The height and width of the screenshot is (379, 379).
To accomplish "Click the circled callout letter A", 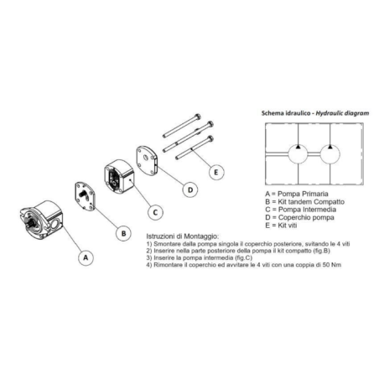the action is [86, 257].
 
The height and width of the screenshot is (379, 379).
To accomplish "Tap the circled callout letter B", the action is [124, 233].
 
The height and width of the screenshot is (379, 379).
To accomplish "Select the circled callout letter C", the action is [155, 212].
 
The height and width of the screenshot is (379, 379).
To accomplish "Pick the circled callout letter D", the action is [190, 190].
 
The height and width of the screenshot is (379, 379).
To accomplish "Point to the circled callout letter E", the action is [216, 172].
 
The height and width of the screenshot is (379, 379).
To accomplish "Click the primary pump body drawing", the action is [42, 220].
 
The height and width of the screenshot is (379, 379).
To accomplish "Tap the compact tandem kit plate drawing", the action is [85, 197].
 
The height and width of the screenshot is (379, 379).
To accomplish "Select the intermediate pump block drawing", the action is [119, 176].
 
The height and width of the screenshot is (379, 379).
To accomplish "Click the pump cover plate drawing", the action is [147, 160].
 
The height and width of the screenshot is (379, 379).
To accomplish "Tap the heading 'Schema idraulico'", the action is [286, 113].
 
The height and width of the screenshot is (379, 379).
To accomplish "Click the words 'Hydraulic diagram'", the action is [342, 113].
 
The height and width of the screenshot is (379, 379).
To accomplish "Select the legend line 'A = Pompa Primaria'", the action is [297, 194].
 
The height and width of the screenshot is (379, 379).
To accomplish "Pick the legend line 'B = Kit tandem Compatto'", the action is [304, 202].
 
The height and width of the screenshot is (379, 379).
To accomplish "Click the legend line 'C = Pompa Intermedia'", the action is [301, 210].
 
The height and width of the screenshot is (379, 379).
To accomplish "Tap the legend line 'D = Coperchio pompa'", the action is [299, 217].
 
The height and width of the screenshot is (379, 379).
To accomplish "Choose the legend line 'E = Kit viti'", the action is [281, 226].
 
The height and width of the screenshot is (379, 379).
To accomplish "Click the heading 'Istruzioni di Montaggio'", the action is [183, 236].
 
